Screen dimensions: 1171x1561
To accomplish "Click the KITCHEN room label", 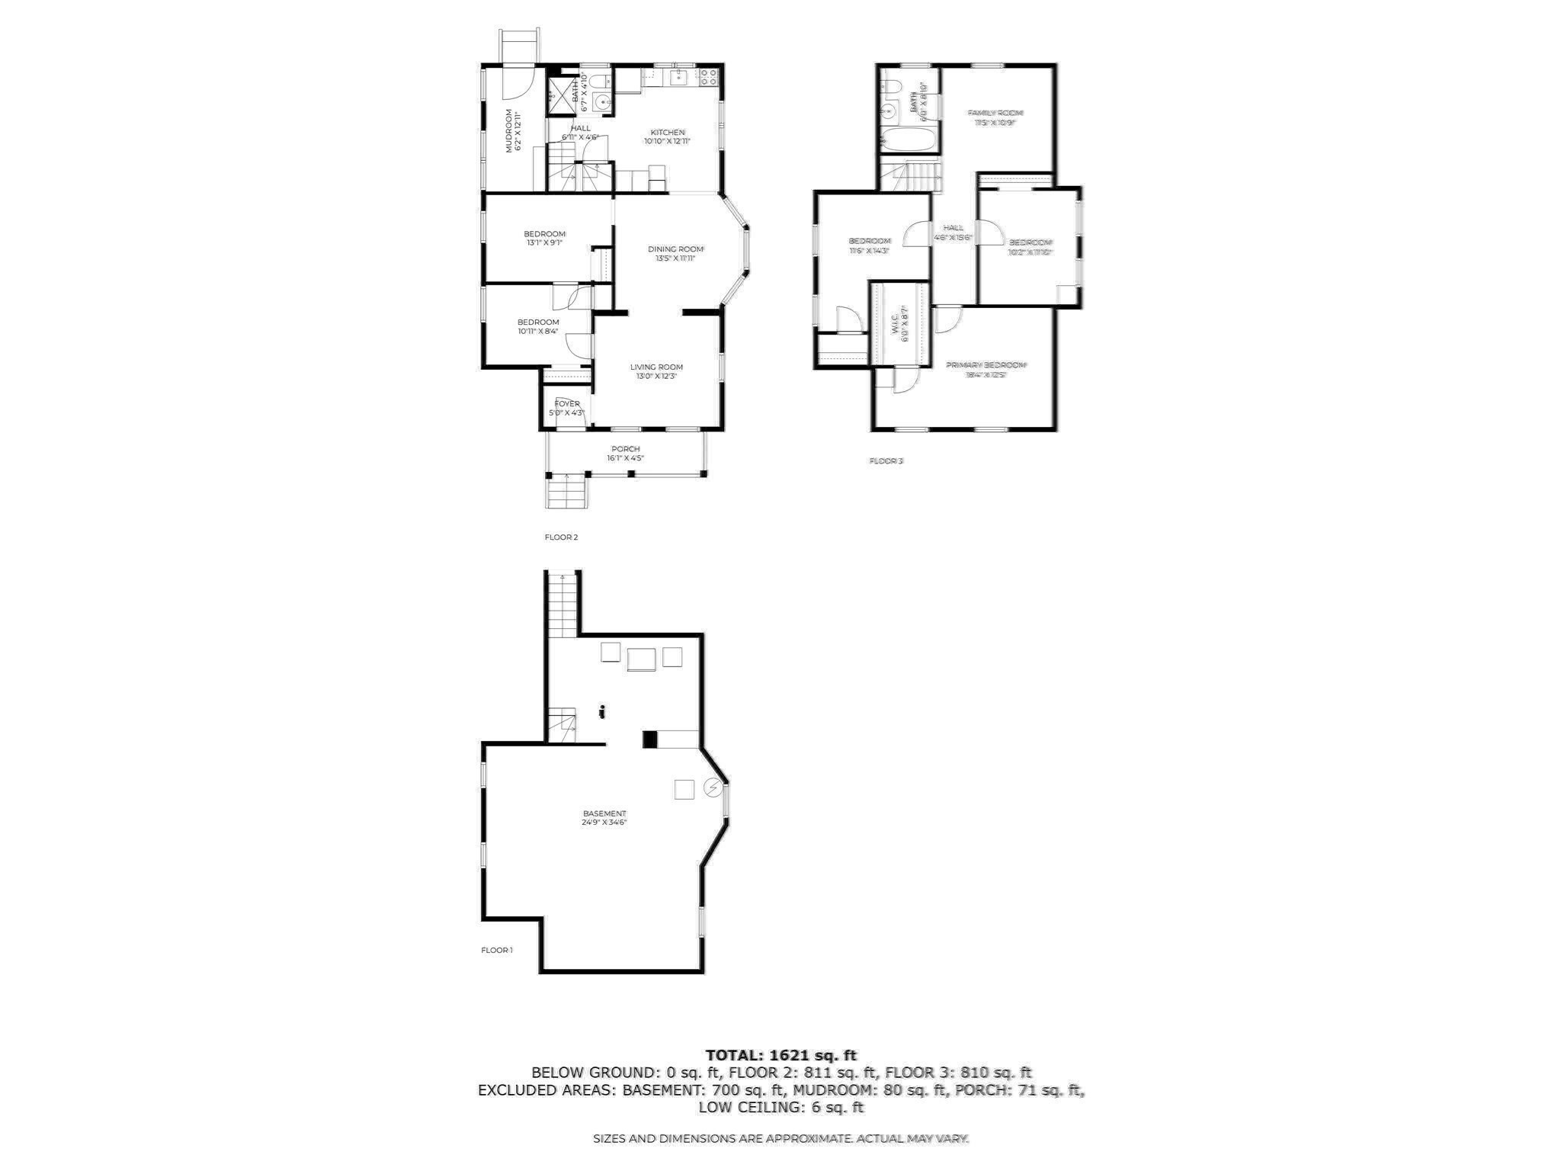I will pyautogui.click(x=667, y=132).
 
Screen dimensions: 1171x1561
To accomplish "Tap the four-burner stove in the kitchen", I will pyautogui.click(x=709, y=76).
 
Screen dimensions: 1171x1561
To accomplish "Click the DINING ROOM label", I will pyautogui.click(x=675, y=249).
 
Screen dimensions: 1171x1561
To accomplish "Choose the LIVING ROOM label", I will pyautogui.click(x=655, y=367).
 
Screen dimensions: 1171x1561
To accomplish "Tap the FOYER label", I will pyautogui.click(x=566, y=403).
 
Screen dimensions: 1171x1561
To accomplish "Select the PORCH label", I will pyautogui.click(x=625, y=449).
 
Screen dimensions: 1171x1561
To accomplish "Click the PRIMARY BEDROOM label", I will pyautogui.click(x=986, y=365).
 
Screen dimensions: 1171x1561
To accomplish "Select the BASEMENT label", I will pyautogui.click(x=604, y=813).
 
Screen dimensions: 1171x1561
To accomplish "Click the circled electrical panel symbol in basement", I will pyautogui.click(x=713, y=788).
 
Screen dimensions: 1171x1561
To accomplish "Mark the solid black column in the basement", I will pyautogui.click(x=650, y=739).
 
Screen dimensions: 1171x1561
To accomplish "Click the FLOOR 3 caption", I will pyautogui.click(x=886, y=461).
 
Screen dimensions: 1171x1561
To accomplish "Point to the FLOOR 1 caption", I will pyautogui.click(x=496, y=950).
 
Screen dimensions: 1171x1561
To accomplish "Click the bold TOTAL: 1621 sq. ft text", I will pyautogui.click(x=780, y=1055).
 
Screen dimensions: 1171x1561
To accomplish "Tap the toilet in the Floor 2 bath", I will pyautogui.click(x=598, y=80).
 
